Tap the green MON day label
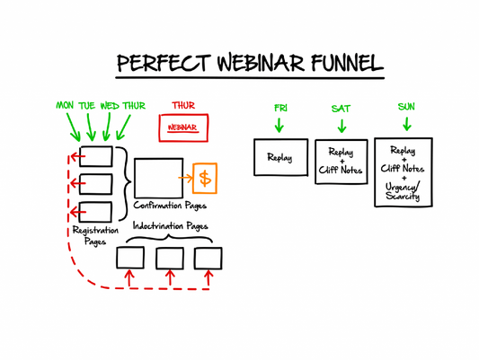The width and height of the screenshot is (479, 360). coord(65,106)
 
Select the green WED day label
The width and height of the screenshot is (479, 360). coord(110,106)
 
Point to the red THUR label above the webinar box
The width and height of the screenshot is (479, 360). coord(182,106)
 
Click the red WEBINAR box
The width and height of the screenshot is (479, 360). coord(182,128)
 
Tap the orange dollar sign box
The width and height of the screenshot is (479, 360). coord(205,178)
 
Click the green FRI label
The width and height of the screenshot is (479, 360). coord(280,108)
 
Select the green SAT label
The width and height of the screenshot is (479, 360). coord(341,108)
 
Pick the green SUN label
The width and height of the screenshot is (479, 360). coord(406,107)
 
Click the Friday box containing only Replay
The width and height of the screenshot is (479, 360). coord(280,157)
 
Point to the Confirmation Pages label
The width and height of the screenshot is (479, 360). coord(170,206)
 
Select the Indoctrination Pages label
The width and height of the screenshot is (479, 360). coord(170,226)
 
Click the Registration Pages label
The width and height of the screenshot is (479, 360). coord(94,235)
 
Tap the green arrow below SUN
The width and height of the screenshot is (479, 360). coord(406,124)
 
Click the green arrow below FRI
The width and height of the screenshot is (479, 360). coord(280,125)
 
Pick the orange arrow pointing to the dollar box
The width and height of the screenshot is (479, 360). coord(186,178)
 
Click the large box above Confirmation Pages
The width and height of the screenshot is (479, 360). coord(158,178)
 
